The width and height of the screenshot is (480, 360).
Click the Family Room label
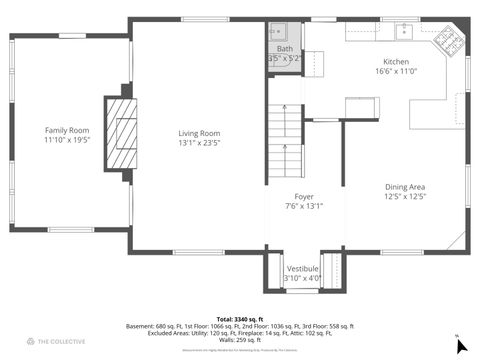coord(66,130)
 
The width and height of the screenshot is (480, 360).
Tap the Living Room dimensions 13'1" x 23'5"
coord(199,143)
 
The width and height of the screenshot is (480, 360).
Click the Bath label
coord(285,48)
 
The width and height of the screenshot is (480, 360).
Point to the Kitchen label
coord(395,60)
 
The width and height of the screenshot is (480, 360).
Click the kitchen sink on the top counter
coord(405,30)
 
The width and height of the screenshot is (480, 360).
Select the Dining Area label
coord(405,186)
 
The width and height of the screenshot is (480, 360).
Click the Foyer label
coord(304,196)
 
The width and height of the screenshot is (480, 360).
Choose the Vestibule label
coord(303,269)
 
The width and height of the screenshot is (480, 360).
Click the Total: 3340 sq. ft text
coord(240,318)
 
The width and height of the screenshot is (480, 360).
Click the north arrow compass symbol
coord(460,345)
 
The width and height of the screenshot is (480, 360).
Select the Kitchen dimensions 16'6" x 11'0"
coord(395,71)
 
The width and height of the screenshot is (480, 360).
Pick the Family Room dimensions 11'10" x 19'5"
coord(66,141)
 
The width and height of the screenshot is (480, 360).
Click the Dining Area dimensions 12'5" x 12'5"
coord(405,197)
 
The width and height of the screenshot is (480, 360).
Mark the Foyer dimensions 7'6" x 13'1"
coord(304,207)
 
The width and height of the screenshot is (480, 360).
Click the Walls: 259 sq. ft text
coord(240,341)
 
